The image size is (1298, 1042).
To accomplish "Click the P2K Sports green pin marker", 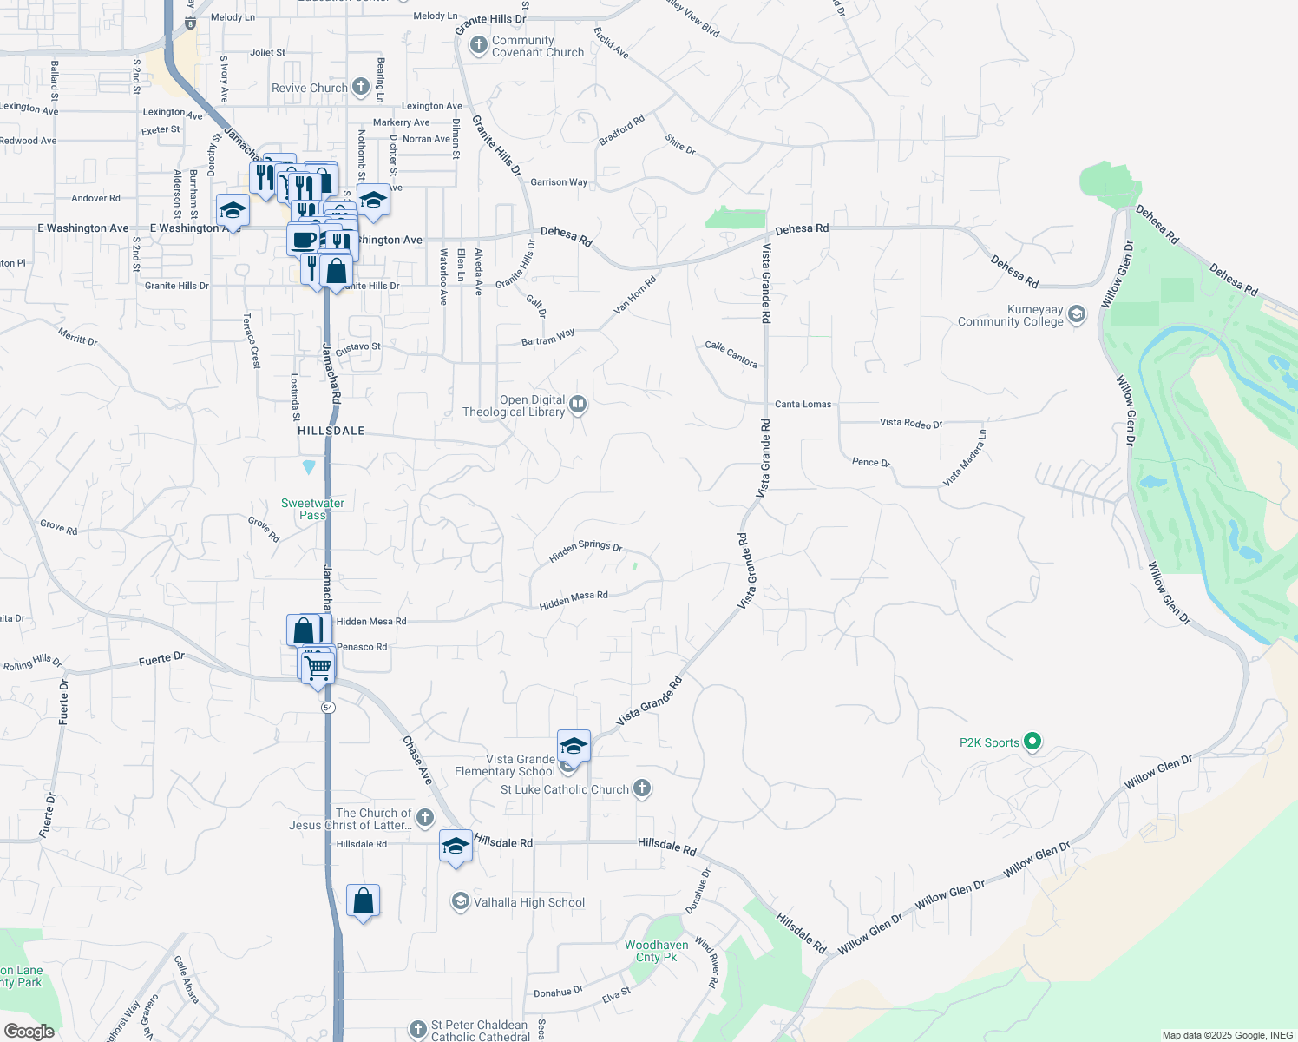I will click(x=1032, y=742).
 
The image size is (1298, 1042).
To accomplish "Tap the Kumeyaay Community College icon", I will click(x=1077, y=314).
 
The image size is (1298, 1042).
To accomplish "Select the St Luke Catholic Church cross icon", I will click(x=641, y=788).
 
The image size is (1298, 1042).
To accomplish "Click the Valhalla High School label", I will click(x=528, y=902).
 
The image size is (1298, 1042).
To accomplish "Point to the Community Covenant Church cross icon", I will click(x=478, y=45).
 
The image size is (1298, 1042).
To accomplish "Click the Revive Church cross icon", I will click(x=361, y=87).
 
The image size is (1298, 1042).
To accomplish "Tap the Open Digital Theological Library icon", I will click(x=578, y=404).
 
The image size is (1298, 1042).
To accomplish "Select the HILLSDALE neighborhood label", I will click(x=331, y=431).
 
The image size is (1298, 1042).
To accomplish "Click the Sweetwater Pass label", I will click(x=312, y=509).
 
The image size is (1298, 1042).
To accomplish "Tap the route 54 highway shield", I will click(x=328, y=708).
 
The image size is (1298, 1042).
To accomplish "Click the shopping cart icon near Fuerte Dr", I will click(x=318, y=668).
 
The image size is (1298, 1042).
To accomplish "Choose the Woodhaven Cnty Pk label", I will click(x=657, y=951).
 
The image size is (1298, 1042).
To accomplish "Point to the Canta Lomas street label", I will click(x=803, y=405).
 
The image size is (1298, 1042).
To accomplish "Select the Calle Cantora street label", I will click(x=731, y=354).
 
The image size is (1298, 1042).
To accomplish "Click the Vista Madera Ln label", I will click(x=964, y=458).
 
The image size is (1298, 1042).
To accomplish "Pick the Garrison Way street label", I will click(x=559, y=182).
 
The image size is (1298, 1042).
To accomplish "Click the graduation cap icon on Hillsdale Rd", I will click(x=456, y=846).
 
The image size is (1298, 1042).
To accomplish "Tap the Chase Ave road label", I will click(x=417, y=761).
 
